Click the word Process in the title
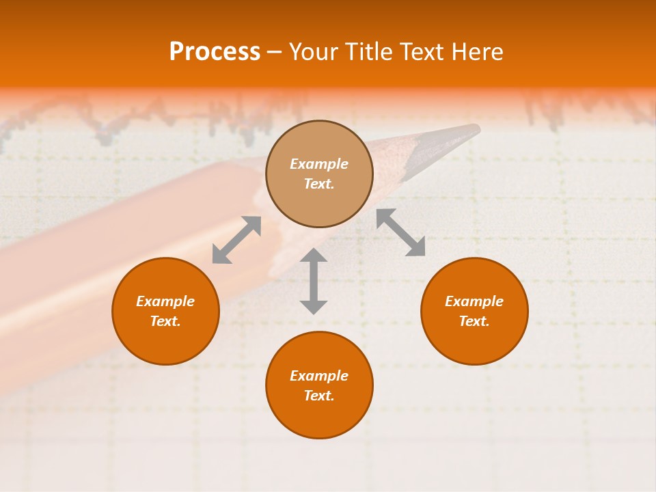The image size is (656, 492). coord(215,52)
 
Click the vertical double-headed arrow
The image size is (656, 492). coord(314,281)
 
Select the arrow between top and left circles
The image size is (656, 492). coord(236,240)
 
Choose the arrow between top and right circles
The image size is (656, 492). coord(400,232)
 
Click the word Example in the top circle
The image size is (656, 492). coord(319,164)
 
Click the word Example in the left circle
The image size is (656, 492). coord(165,301)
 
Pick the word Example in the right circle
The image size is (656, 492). coord(474,301)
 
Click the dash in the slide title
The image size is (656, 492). coord(274,52)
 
